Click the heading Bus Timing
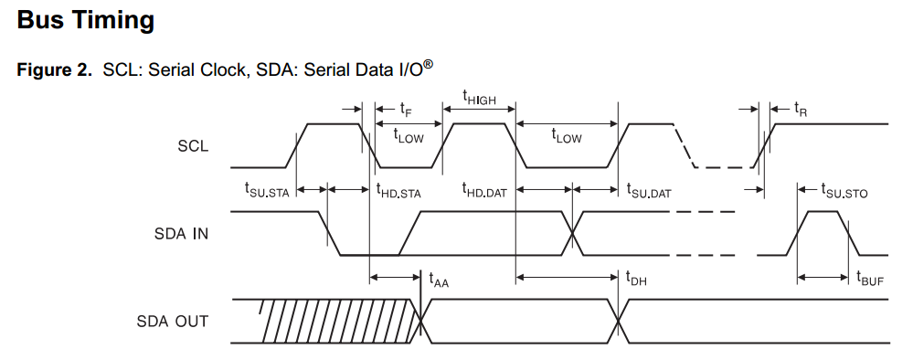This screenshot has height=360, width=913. click(86, 21)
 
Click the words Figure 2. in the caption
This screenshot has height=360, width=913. click(54, 70)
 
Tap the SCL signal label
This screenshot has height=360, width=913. click(193, 145)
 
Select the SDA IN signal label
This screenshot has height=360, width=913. click(181, 234)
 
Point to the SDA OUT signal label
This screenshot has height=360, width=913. click(173, 321)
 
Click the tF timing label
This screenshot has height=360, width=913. click(405, 109)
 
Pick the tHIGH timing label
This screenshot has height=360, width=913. click(479, 97)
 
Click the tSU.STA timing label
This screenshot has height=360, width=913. click(266, 190)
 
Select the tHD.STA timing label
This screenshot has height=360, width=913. click(398, 190)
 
